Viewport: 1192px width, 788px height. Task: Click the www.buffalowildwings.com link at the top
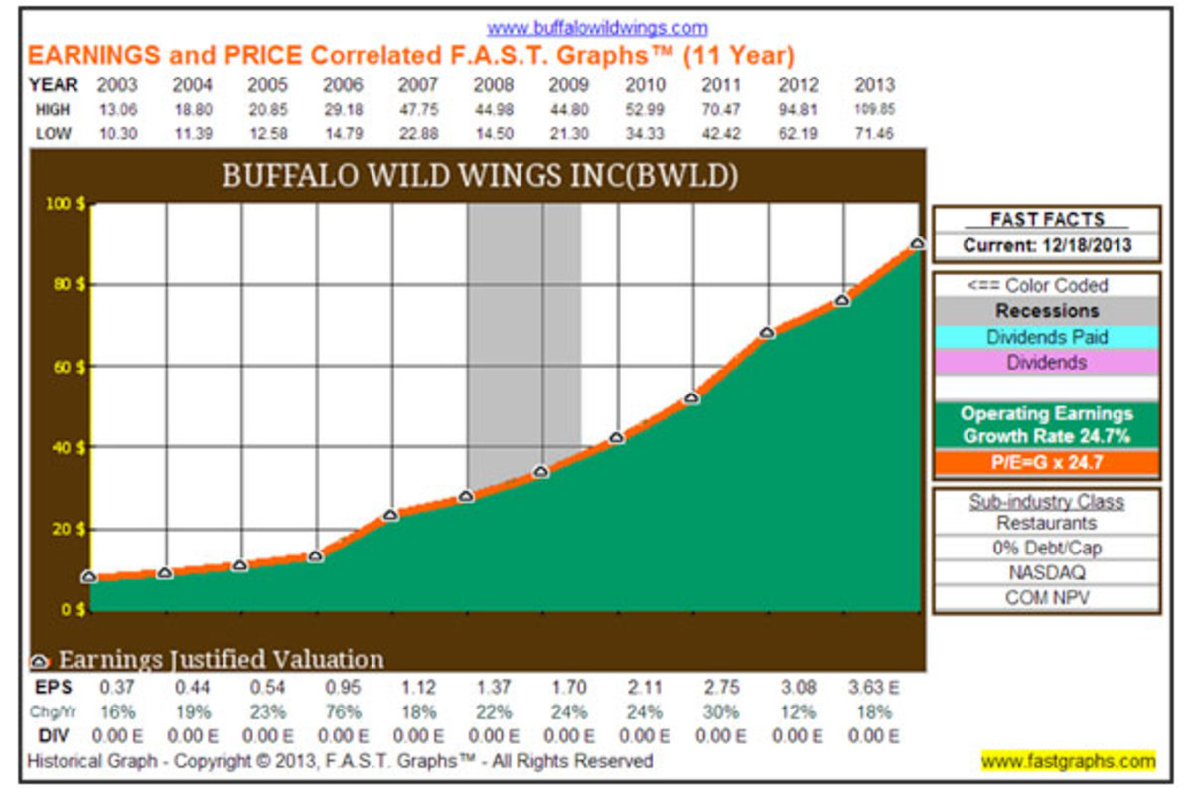[x=597, y=28]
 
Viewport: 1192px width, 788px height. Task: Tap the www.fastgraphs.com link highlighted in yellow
[x=1068, y=761]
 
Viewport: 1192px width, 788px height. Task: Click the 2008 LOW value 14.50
[x=494, y=133]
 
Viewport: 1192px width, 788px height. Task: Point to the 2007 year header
[x=418, y=85]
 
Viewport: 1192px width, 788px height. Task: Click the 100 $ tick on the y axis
[x=67, y=204]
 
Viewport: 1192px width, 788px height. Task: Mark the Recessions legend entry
[x=1045, y=311]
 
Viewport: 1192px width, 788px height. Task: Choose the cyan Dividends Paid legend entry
[x=1045, y=337]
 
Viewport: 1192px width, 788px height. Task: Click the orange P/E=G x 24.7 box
[x=1045, y=462]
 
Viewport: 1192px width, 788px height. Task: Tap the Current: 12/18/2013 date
[x=1046, y=245]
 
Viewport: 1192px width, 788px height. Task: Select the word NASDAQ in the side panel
[x=1046, y=572]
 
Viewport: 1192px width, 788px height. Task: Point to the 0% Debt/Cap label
[x=1046, y=548]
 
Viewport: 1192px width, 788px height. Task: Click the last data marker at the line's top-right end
[x=918, y=243]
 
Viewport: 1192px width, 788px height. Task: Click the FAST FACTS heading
[x=1046, y=220]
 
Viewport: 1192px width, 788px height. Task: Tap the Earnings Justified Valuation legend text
[x=221, y=659]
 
